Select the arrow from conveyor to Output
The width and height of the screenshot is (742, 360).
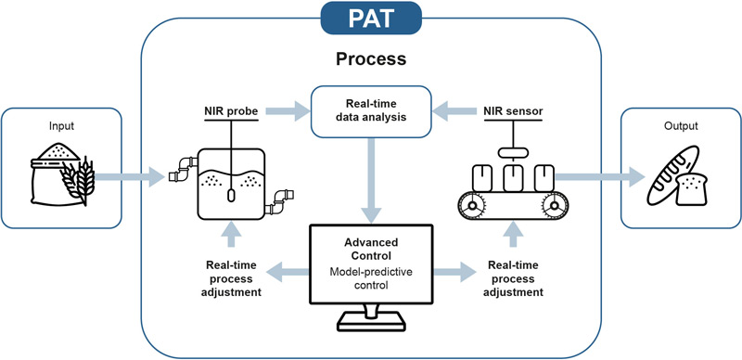coord(594,174)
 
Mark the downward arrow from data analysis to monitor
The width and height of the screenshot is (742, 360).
coord(370,181)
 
